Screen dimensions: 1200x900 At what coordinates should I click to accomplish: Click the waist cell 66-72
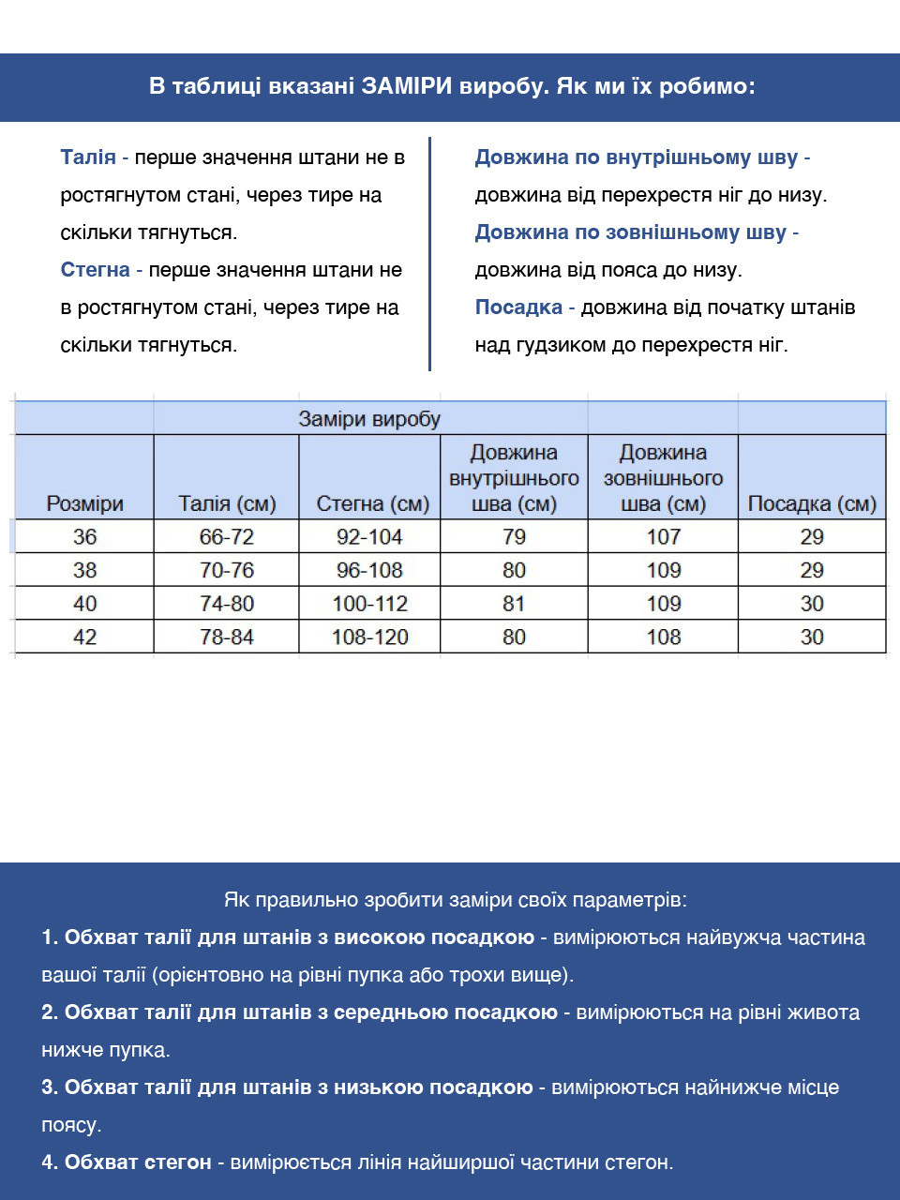[226, 537]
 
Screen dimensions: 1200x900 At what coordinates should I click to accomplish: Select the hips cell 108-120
[369, 637]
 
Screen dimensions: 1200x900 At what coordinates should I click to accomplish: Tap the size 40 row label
[84, 604]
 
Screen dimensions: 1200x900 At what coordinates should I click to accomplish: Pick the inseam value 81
[514, 604]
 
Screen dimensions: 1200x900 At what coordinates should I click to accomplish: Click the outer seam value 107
[663, 537]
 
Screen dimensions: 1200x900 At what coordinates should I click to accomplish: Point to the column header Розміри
[84, 503]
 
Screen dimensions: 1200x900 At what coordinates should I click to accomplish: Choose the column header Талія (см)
[227, 503]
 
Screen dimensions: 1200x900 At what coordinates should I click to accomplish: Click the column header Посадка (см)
[812, 503]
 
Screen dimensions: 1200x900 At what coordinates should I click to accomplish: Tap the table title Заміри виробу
[369, 419]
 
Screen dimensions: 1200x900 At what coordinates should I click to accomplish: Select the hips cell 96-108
[369, 570]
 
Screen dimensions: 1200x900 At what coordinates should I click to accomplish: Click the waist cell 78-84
[226, 637]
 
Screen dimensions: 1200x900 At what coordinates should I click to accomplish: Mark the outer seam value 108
[663, 637]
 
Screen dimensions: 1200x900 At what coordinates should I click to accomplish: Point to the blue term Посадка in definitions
[518, 307]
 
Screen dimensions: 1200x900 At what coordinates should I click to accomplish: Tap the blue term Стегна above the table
[95, 270]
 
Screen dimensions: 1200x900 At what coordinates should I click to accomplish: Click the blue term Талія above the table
[88, 157]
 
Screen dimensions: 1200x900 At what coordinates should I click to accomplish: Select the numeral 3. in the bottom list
[50, 1087]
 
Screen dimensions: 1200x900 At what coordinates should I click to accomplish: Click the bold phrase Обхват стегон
[138, 1162]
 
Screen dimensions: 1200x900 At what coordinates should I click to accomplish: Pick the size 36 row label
[84, 537]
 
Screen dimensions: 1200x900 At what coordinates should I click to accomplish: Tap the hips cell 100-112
[369, 604]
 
